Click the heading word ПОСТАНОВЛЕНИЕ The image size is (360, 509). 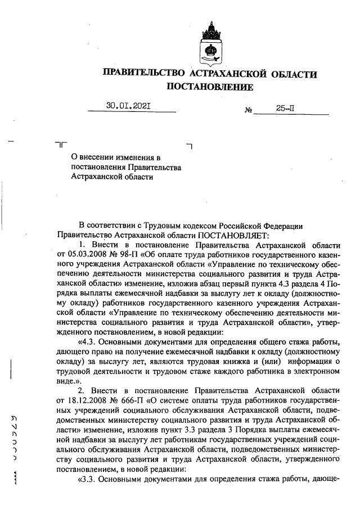point(209,87)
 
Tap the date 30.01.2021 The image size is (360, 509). point(129,105)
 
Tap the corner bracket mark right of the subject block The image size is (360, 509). point(189,146)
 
